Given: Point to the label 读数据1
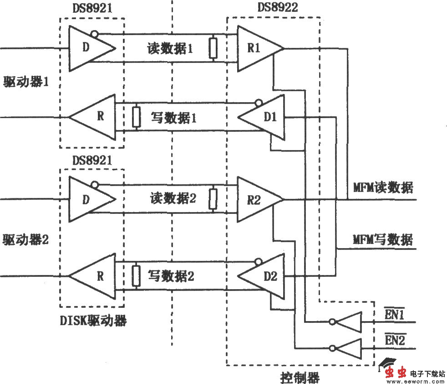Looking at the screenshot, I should [170, 48].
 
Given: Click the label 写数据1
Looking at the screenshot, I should [173, 118].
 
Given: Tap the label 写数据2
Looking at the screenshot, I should [171, 276].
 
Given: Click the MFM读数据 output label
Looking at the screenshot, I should [383, 187].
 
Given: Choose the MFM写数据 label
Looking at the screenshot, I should [383, 239].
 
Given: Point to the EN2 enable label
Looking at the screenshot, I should [395, 340].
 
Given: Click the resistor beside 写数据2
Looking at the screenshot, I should [136, 276].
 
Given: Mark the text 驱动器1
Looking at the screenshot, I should [26, 82].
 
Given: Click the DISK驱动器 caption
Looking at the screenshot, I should [93, 321].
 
